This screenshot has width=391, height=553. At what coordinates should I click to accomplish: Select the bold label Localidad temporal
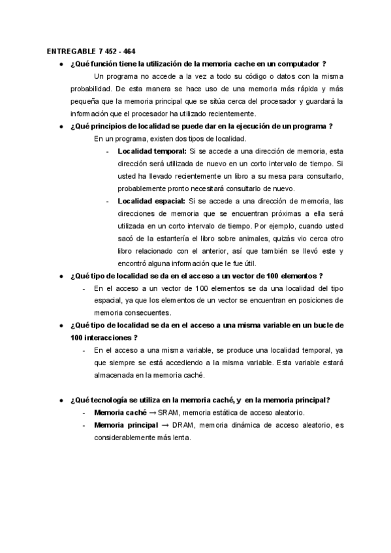pyautogui.click(x=150, y=151)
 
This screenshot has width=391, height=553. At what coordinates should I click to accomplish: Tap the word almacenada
pyautogui.click(x=117, y=374)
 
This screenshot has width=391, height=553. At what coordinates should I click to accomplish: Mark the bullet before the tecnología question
pyautogui.click(x=61, y=400)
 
